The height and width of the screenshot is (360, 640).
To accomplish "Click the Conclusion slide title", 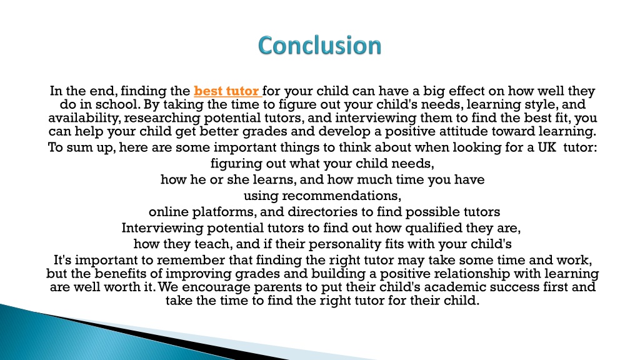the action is tap(319, 45).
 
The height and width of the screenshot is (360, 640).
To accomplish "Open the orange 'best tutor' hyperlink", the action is tap(227, 91).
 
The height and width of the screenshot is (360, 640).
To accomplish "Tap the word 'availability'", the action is tap(84, 118).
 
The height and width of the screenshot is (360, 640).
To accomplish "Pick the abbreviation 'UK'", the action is tap(547, 147).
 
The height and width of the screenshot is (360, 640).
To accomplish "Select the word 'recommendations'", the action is tap(341, 196).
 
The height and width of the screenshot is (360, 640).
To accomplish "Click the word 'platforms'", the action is tap(224, 212).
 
